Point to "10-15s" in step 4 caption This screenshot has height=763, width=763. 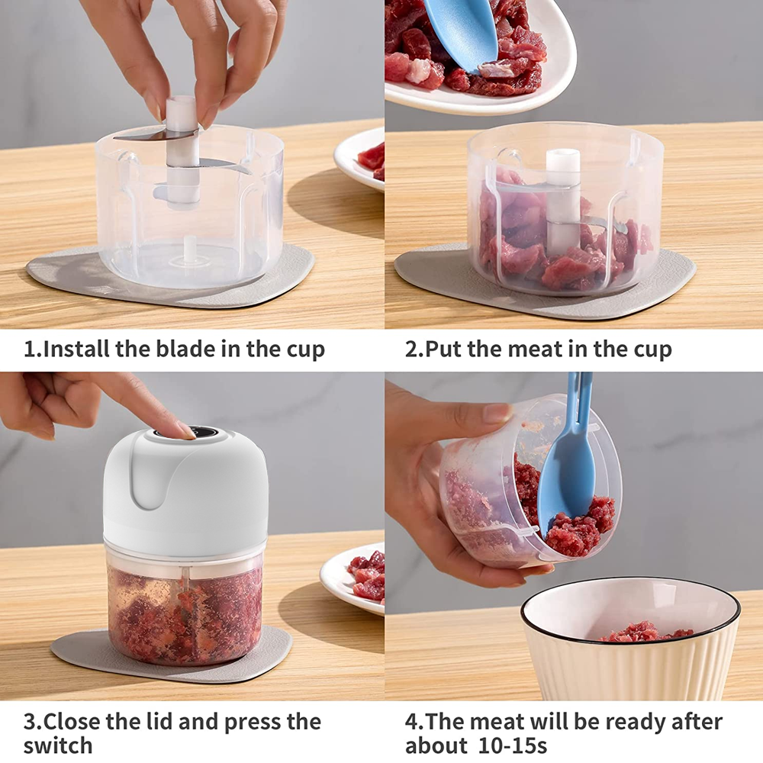tap(513, 745)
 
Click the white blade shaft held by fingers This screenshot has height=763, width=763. tap(182, 151)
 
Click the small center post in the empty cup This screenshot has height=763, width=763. tap(189, 250)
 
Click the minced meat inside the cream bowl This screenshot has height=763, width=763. tap(645, 632)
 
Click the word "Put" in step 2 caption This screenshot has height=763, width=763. tap(443, 349)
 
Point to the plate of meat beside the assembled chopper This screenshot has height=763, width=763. tap(353, 578)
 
